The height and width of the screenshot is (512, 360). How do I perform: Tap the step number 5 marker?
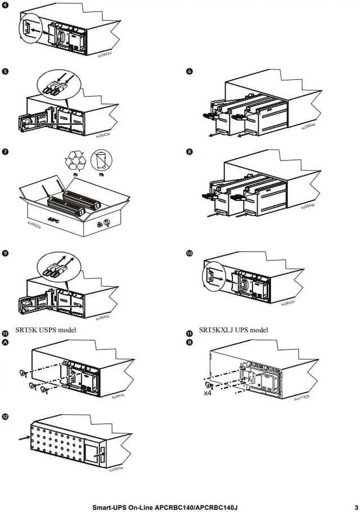(5, 71)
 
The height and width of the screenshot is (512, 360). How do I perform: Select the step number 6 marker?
(190, 71)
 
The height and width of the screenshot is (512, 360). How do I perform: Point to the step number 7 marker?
(5, 152)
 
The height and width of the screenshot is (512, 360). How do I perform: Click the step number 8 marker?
(190, 152)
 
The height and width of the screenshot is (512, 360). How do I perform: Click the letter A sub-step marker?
(5, 342)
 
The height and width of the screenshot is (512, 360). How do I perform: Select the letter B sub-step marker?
(190, 342)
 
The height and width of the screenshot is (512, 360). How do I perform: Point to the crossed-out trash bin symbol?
(101, 160)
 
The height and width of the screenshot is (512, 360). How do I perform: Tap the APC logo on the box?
(53, 219)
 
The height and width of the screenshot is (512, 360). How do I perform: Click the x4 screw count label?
(208, 393)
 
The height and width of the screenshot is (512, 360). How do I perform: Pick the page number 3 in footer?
(356, 507)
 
